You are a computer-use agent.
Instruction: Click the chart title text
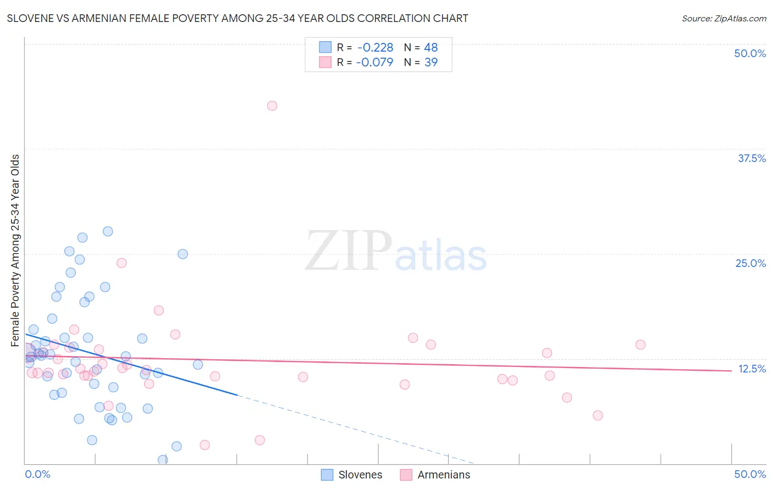[x=238, y=18]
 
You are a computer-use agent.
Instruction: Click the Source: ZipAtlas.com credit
[x=724, y=18]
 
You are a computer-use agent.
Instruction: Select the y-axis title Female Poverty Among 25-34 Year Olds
[x=15, y=250]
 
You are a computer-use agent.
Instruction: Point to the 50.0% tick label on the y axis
[x=750, y=53]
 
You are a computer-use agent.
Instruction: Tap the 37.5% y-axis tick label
[x=752, y=158]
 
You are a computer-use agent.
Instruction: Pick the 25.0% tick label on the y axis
[x=750, y=263]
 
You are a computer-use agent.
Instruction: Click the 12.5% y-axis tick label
[x=752, y=369]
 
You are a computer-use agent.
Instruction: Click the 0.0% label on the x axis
[x=38, y=474]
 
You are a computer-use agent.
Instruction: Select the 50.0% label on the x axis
[x=750, y=474]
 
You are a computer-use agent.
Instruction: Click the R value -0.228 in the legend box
[x=375, y=48]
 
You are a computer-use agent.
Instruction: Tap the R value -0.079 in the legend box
[x=374, y=62]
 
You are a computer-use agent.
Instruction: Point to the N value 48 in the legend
[x=431, y=48]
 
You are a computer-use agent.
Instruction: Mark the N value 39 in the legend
[x=431, y=62]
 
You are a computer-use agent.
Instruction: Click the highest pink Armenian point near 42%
[x=272, y=105]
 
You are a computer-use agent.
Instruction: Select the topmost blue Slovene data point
[x=108, y=231]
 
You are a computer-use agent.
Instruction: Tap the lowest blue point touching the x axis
[x=163, y=460]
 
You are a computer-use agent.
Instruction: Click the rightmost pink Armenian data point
[x=640, y=344]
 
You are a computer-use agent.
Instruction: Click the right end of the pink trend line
[x=731, y=371]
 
